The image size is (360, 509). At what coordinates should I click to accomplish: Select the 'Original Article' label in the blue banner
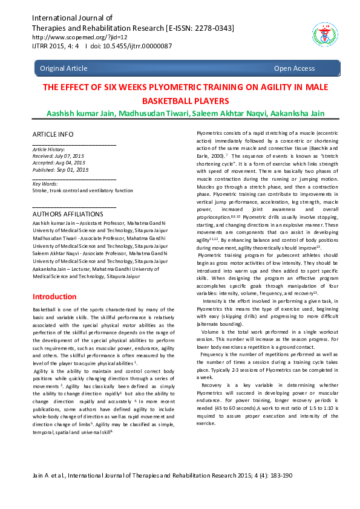coord(64,68)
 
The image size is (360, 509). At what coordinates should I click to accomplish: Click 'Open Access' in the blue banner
coord(294,68)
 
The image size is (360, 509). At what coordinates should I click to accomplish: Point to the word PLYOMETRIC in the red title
coord(165,87)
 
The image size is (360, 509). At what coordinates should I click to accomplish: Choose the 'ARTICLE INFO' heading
coord(53,134)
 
